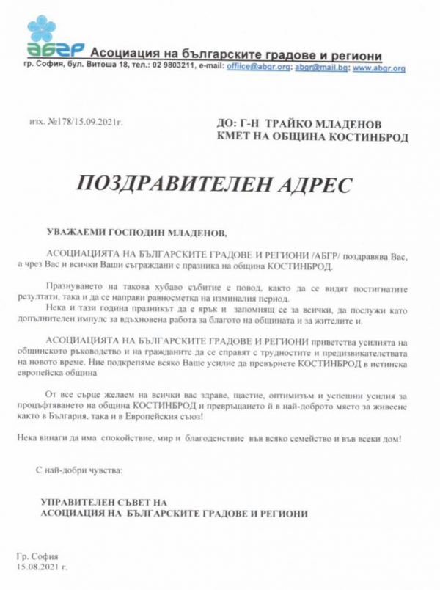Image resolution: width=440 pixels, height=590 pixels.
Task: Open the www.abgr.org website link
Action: pyautogui.click(x=378, y=68)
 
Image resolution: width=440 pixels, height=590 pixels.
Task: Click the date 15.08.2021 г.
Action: pyautogui.click(x=41, y=567)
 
